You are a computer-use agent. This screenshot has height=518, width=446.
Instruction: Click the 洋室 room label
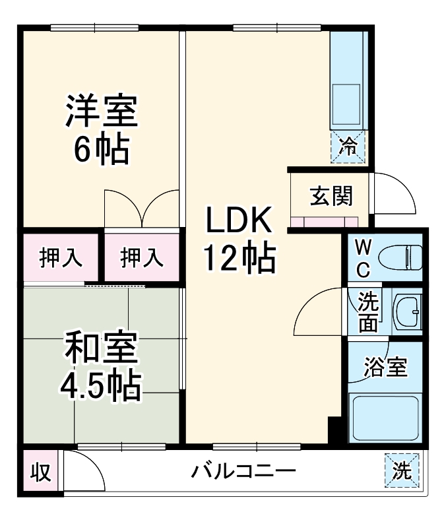(x=101, y=112)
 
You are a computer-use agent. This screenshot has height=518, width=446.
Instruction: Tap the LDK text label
(x=238, y=220)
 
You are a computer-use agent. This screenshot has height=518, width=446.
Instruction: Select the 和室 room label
(x=101, y=350)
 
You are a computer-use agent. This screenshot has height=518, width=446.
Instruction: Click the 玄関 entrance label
(x=331, y=196)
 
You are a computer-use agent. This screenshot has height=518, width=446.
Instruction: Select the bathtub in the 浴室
(x=386, y=418)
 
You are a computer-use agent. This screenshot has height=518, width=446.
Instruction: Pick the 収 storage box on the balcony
(x=40, y=472)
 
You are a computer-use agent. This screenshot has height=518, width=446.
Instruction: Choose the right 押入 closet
(x=142, y=257)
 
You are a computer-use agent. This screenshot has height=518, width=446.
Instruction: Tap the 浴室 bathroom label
(x=386, y=368)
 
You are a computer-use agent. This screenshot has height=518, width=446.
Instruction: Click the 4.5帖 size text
(x=101, y=386)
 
